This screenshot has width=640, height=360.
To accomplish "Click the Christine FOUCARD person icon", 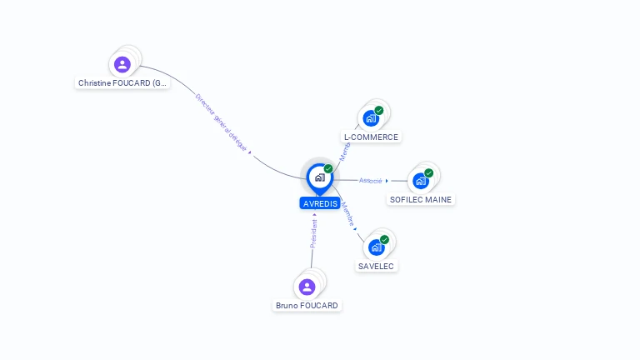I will pyautogui.click(x=122, y=64).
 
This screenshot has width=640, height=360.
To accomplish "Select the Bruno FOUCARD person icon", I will pyautogui.click(x=307, y=287).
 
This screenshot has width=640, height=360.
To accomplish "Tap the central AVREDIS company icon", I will pyautogui.click(x=319, y=177).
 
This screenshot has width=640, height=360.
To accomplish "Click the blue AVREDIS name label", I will pyautogui.click(x=320, y=203).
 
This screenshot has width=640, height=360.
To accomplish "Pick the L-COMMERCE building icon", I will pyautogui.click(x=371, y=118).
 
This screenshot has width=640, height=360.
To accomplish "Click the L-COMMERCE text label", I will pyautogui.click(x=372, y=137).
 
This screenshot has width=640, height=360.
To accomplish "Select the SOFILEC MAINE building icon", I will pyautogui.click(x=421, y=180).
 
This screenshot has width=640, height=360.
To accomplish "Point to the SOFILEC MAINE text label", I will pyautogui.click(x=421, y=200).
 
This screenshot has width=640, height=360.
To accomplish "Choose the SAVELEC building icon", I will pyautogui.click(x=377, y=247).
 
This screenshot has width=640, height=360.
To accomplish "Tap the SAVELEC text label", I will pyautogui.click(x=377, y=266).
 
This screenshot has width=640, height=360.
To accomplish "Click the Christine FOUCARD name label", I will pyautogui.click(x=122, y=83).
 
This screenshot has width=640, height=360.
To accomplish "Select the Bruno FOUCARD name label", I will pyautogui.click(x=307, y=306).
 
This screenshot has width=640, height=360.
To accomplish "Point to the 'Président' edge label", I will pyautogui.click(x=313, y=233).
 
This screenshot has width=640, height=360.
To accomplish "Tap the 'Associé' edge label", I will pyautogui.click(x=370, y=180).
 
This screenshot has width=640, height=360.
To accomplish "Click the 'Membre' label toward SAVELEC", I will pyautogui.click(x=348, y=214).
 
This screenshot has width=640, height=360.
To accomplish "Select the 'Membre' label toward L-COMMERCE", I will pyautogui.click(x=344, y=151).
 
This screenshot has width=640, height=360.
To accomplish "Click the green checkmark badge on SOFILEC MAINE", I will pyautogui.click(x=428, y=173).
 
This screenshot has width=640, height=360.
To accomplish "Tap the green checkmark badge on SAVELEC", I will pyautogui.click(x=384, y=239).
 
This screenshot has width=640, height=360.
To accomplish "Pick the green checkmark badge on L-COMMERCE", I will pyautogui.click(x=379, y=111).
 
